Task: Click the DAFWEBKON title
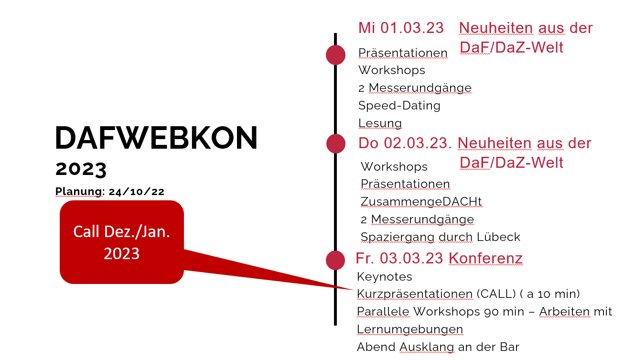(x=156, y=138)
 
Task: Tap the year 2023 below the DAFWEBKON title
(x=81, y=169)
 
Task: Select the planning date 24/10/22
(x=137, y=192)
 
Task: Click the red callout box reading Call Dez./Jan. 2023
(x=122, y=242)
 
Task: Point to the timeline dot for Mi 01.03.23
(x=335, y=55)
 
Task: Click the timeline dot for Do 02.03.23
(x=336, y=143)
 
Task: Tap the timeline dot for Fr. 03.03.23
(x=335, y=260)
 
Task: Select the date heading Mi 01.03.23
(x=401, y=28)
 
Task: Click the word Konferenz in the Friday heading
(x=485, y=258)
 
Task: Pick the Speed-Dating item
(x=399, y=106)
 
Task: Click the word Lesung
(x=380, y=123)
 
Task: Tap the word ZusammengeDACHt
(x=421, y=201)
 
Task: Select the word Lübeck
(x=498, y=237)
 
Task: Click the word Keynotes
(x=385, y=277)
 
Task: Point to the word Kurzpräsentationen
(x=415, y=294)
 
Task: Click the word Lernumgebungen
(x=410, y=329)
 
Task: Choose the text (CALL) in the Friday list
(x=496, y=294)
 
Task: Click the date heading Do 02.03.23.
(x=405, y=143)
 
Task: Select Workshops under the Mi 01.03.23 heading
(x=392, y=70)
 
